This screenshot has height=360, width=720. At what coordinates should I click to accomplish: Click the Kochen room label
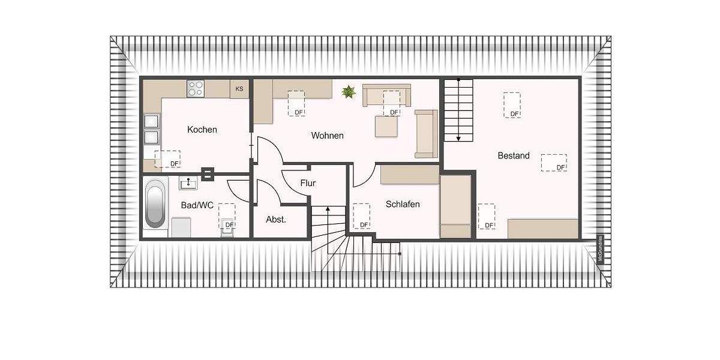click(x=202, y=130)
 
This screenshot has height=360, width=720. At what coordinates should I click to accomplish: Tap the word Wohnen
click(x=327, y=136)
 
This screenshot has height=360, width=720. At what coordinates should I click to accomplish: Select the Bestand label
click(x=514, y=155)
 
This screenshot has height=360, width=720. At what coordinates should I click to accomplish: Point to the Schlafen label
click(x=403, y=204)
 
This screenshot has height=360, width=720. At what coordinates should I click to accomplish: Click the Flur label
click(x=307, y=184)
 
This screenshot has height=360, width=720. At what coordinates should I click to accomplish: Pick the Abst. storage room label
click(x=276, y=219)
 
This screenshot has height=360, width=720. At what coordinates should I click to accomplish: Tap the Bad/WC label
click(x=197, y=205)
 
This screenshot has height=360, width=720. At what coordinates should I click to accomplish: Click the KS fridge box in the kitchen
click(x=239, y=89)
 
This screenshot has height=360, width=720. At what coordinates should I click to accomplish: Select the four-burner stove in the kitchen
click(x=196, y=89)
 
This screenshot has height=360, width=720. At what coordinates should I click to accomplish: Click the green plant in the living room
click(x=349, y=92)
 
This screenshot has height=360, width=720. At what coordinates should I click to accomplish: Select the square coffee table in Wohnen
click(x=387, y=126)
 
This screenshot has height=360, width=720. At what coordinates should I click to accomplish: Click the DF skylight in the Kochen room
click(x=167, y=159)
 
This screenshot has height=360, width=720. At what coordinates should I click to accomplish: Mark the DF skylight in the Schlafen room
click(x=361, y=215)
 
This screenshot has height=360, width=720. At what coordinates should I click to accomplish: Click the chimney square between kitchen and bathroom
click(x=208, y=173)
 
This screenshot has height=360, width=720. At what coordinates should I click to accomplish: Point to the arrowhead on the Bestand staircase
click(x=458, y=138)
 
